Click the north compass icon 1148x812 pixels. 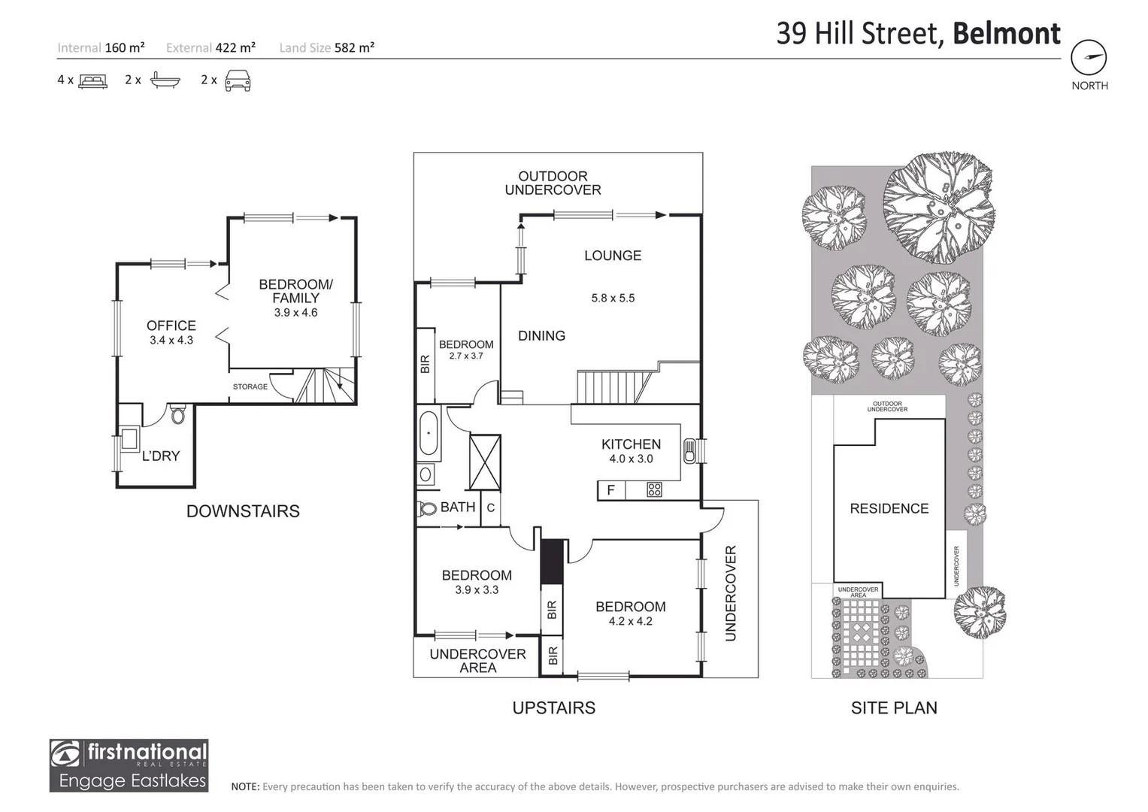(1089, 57)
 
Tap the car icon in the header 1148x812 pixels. (238, 80)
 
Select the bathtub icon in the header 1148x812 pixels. (165, 80)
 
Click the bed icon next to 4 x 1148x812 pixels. (93, 80)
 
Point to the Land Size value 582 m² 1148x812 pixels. (354, 47)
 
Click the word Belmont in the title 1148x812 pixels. (1006, 34)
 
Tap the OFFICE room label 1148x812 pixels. (171, 326)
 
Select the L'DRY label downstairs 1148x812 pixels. (161, 456)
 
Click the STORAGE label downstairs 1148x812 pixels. (250, 386)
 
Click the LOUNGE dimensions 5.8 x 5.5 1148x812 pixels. (613, 298)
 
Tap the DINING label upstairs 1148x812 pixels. (541, 335)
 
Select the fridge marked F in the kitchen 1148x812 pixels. (611, 490)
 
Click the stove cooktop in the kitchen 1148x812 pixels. (654, 490)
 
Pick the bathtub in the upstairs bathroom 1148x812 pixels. (429, 433)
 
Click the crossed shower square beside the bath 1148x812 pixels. (485, 462)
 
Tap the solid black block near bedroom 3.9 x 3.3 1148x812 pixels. (552, 561)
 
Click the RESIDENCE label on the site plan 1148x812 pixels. (889, 508)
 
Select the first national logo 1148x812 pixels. (129, 765)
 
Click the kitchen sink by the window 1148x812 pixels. (689, 451)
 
